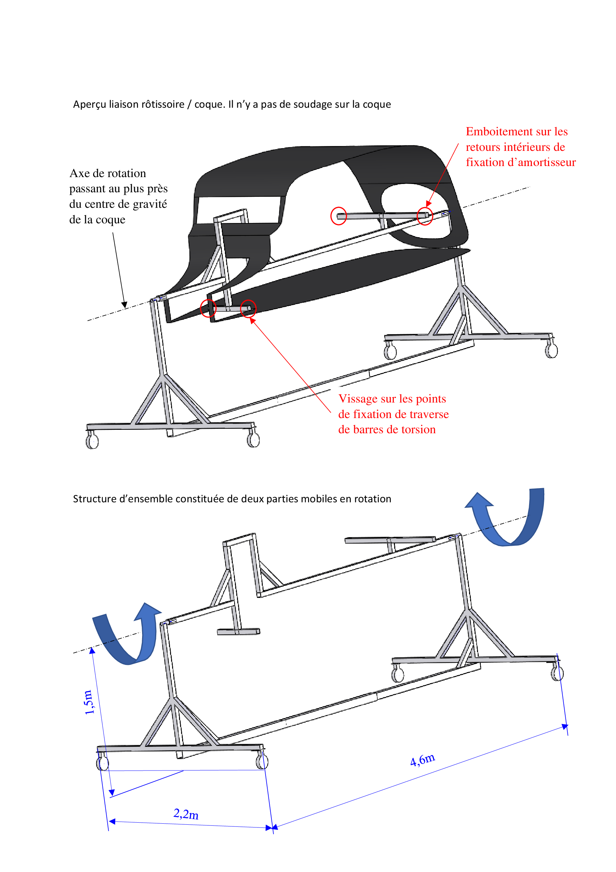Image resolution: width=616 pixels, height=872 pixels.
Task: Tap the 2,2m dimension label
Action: [x=186, y=814]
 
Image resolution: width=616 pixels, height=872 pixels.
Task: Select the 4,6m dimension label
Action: [x=423, y=759]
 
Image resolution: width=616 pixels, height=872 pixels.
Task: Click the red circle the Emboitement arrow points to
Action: [x=425, y=216]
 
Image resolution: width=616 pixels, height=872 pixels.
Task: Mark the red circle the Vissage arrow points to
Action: [x=248, y=308]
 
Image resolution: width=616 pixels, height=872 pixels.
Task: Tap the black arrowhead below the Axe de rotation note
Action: [x=124, y=304]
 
